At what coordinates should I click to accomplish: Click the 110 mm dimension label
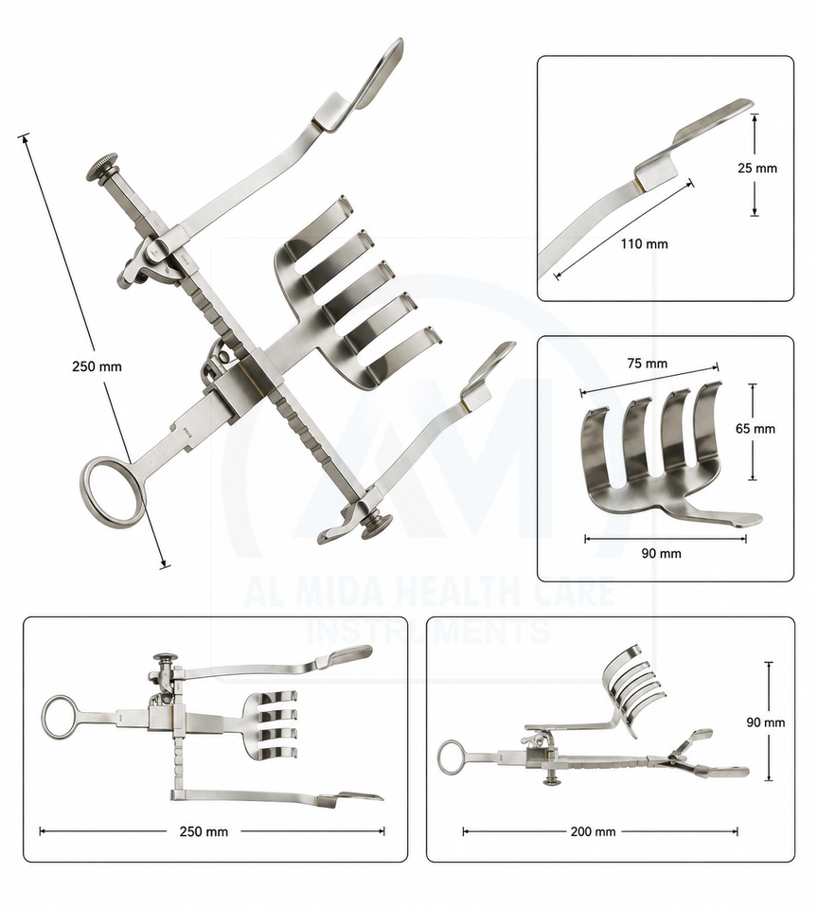coord(644,244)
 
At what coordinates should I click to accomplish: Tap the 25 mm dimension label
coord(757,169)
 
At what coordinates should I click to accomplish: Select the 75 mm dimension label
coord(648,364)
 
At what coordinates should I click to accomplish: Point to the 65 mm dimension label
coord(756,429)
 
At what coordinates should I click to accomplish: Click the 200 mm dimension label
coord(593,832)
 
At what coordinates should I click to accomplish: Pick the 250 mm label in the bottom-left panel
coord(204,832)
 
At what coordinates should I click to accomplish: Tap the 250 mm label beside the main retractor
coord(97,366)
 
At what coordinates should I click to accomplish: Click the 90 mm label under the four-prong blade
coord(662,554)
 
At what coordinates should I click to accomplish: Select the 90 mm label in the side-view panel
coord(765,722)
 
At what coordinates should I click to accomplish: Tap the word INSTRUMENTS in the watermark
coord(429,631)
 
